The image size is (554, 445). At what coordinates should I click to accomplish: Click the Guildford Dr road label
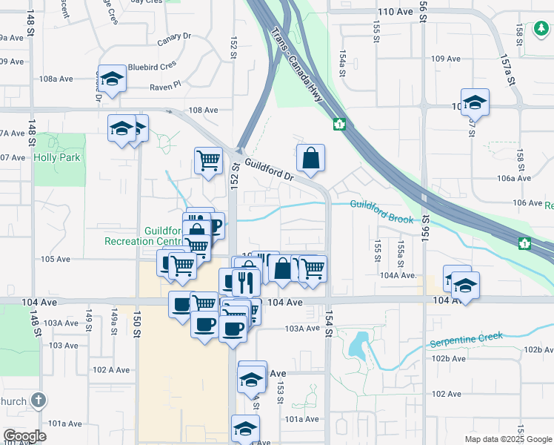point(270,172)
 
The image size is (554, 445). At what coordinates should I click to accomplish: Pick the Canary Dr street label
point(175,38)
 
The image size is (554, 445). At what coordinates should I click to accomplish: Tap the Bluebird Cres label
point(149,67)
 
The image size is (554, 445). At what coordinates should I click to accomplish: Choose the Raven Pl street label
point(165,86)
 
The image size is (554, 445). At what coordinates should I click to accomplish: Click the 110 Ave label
point(394,13)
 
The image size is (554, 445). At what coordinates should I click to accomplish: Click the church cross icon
point(39,401)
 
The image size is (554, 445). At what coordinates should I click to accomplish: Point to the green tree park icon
point(541,30)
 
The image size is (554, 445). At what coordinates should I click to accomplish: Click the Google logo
point(25,436)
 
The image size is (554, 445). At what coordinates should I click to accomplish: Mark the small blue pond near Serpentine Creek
point(358,346)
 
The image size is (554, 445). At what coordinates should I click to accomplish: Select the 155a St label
point(401,248)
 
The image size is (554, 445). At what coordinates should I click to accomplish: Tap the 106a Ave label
point(515,178)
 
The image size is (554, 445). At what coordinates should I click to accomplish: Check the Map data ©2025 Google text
point(509,439)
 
